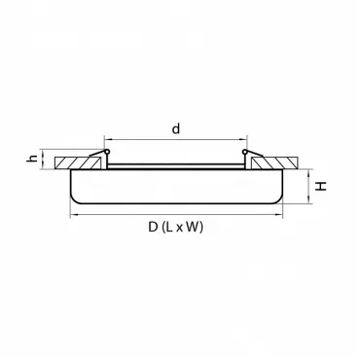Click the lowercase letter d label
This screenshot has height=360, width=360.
point(176,128)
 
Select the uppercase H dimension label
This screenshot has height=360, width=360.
point(321,186)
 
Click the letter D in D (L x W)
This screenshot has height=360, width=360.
point(153,227)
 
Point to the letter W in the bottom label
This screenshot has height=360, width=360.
point(193,227)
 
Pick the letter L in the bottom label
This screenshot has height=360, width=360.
point(169,227)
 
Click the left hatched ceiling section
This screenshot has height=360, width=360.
point(78,162)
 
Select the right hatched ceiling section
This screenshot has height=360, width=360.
point(274,162)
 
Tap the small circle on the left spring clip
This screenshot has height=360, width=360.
point(106,152)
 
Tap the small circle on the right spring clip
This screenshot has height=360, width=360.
point(245,152)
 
